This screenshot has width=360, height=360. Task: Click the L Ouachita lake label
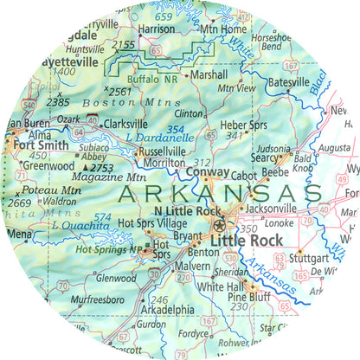click(80, 225)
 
